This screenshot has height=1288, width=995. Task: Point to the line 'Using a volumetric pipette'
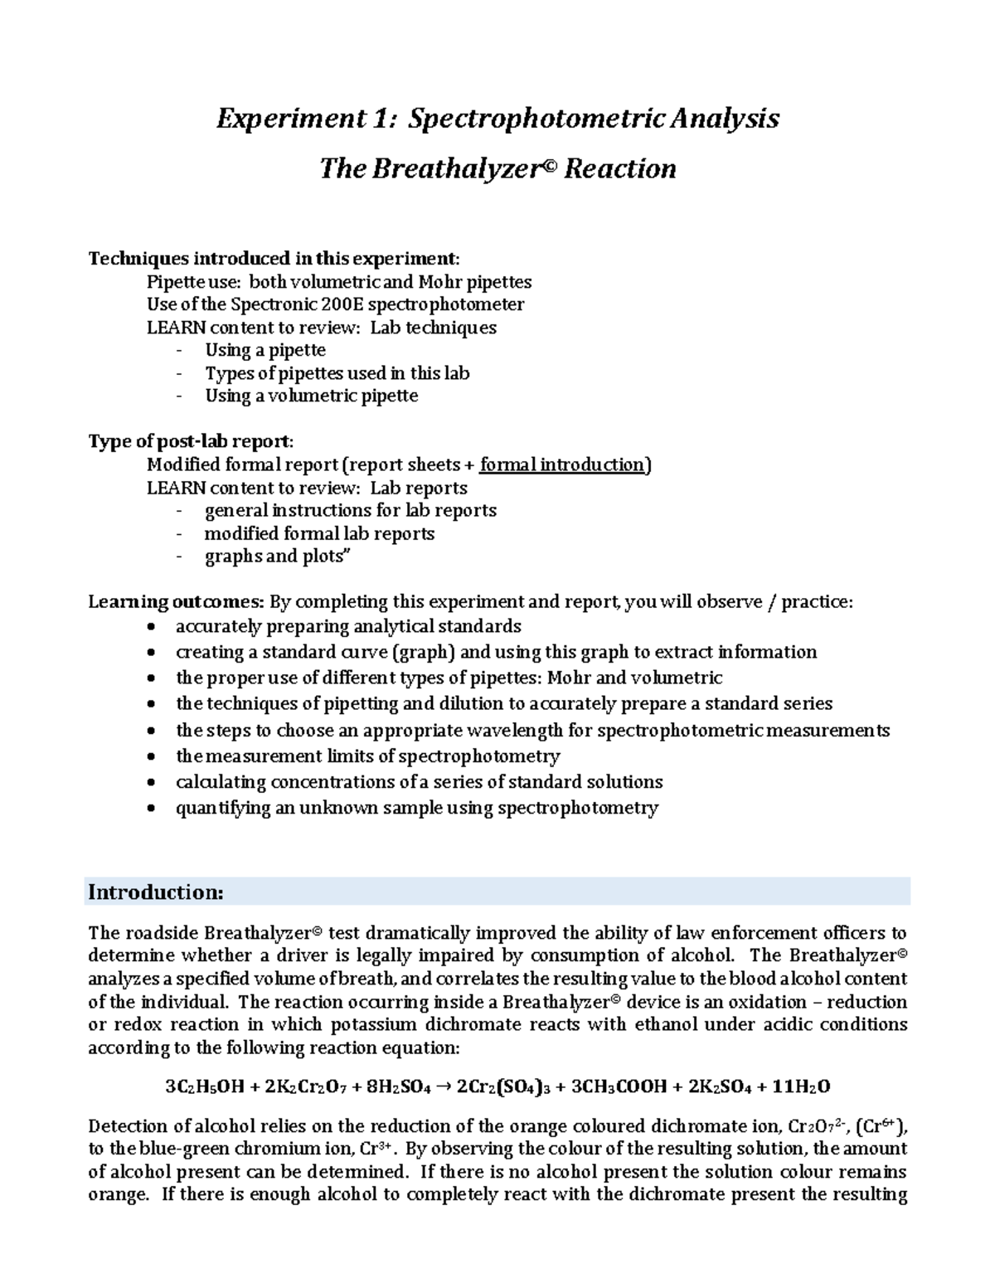click(x=311, y=396)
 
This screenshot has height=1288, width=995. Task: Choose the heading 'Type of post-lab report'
click(x=190, y=441)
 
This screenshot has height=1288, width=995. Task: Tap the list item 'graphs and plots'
click(x=277, y=557)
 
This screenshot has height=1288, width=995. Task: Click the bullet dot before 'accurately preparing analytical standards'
click(x=149, y=626)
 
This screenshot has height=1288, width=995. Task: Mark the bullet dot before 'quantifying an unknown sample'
click(x=149, y=809)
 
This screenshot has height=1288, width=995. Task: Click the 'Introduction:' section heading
click(x=156, y=892)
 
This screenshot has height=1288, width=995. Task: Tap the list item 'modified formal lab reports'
click(x=319, y=533)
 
